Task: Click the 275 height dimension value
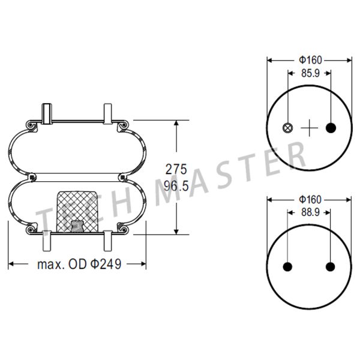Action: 176,170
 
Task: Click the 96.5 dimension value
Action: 176,186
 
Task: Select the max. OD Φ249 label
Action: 79,264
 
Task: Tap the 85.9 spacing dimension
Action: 310,73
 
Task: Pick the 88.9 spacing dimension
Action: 310,212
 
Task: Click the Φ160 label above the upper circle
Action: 310,60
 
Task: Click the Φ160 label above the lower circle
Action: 310,200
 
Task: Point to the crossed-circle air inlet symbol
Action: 287,128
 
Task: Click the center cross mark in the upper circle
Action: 309,128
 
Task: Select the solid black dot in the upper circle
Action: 331,128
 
